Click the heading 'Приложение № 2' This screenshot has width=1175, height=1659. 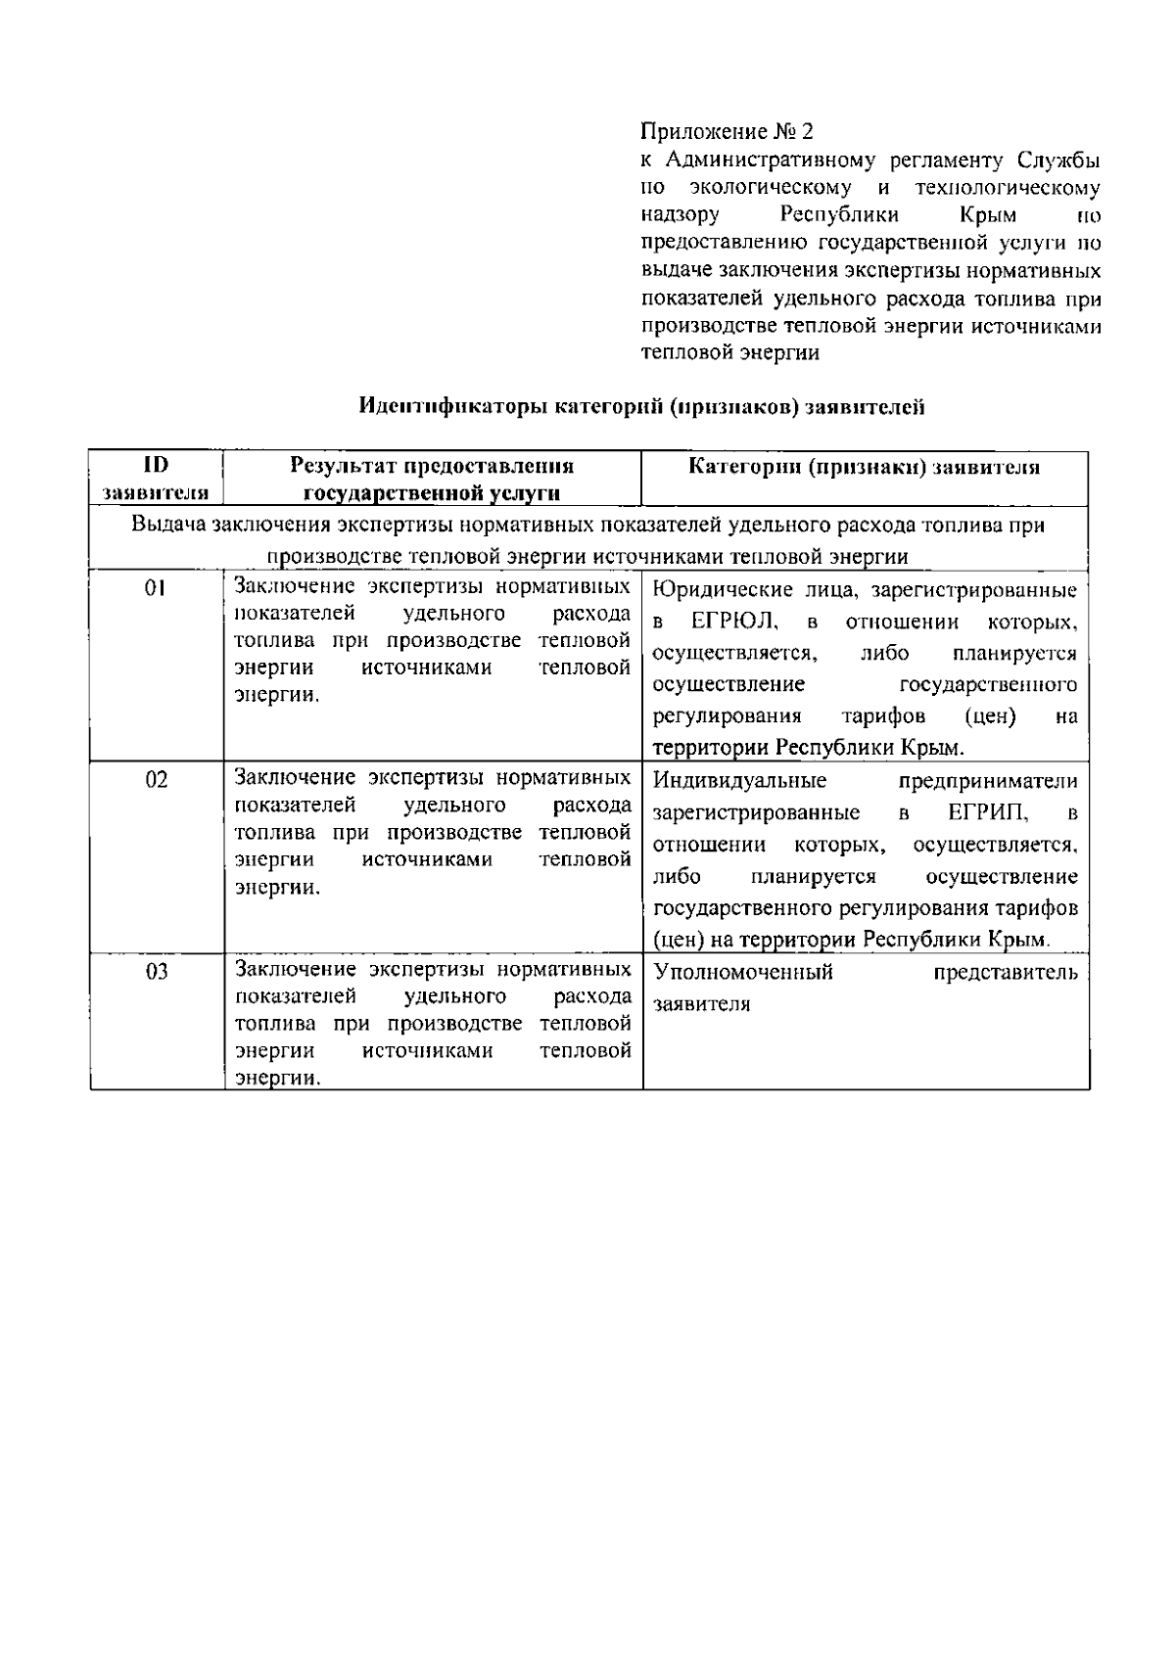pyautogui.click(x=727, y=131)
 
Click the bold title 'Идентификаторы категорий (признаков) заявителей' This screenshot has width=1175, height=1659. pyautogui.click(x=641, y=407)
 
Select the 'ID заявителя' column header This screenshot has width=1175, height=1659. pyautogui.click(x=156, y=478)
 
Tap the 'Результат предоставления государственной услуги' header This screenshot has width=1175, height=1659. pyautogui.click(x=432, y=479)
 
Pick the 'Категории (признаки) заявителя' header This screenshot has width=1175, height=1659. pyautogui.click(x=864, y=468)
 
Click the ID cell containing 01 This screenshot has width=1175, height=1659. pyautogui.click(x=156, y=588)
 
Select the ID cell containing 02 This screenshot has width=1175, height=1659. pyautogui.click(x=156, y=780)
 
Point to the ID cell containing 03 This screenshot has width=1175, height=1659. pyautogui.click(x=156, y=972)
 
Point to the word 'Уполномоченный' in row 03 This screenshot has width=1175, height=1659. pyautogui.click(x=743, y=973)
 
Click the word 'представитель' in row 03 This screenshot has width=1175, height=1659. pyautogui.click(x=1006, y=973)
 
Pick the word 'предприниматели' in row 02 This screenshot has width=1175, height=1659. pyautogui.click(x=988, y=781)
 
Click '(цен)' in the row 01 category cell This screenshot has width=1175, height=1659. pyautogui.click(x=990, y=716)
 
